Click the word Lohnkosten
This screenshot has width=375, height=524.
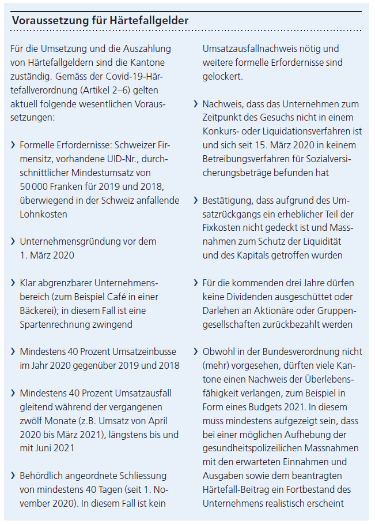coord(43,214)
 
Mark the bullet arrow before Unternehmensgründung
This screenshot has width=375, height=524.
coord(13,242)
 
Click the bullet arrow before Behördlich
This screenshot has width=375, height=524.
coord(13,476)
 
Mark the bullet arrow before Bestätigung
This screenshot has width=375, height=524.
coord(196,200)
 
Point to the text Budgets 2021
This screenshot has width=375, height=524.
coord(258,407)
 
